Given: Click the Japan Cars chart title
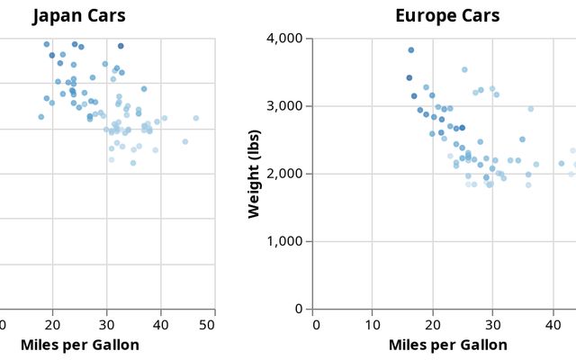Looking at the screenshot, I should (79, 16).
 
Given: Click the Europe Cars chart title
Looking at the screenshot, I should (447, 16).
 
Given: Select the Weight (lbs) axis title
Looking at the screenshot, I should (254, 174).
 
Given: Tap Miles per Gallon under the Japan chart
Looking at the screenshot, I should (79, 345).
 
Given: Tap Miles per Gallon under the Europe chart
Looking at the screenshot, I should (447, 345).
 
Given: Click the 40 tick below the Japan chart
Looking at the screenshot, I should (160, 324).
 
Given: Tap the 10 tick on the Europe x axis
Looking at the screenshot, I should (372, 324).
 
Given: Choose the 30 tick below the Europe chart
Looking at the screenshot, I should (492, 324).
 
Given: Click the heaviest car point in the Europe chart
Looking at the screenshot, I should (411, 50).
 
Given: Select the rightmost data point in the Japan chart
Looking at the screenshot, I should (195, 118).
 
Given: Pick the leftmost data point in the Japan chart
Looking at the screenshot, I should (41, 117).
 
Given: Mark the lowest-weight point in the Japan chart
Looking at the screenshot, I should (133, 163).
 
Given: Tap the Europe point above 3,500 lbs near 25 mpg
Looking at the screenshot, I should (464, 69).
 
